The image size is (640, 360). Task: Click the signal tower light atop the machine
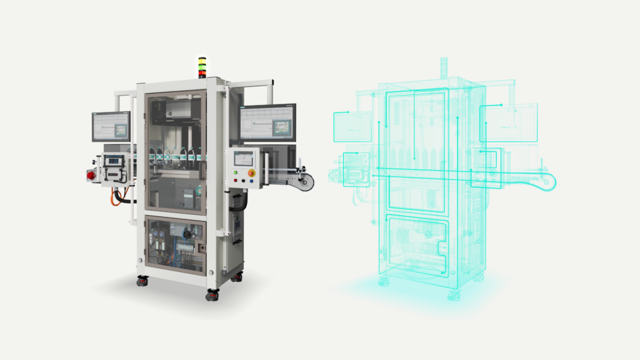coord(202,67)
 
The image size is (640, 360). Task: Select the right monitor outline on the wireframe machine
coord(508,122)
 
